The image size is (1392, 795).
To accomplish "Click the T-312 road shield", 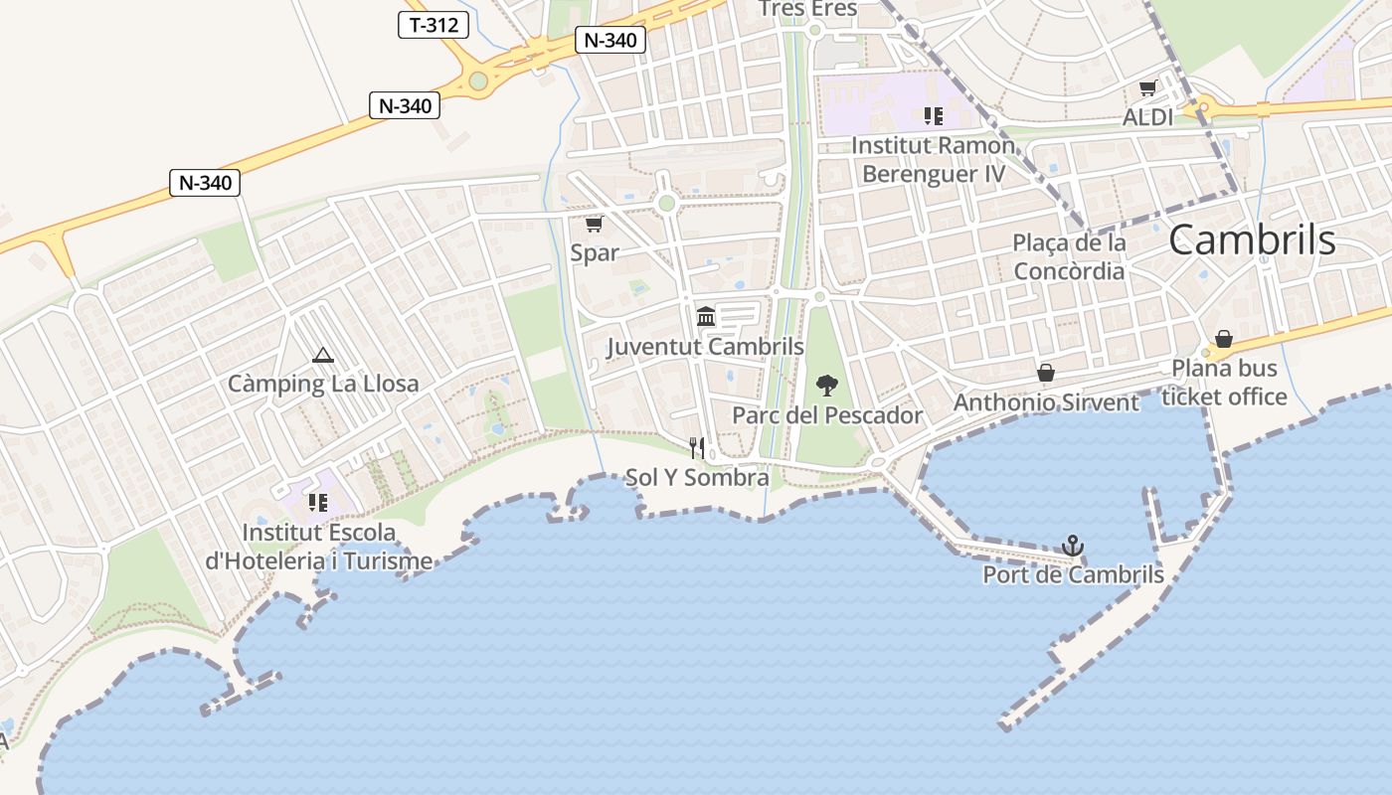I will click(x=434, y=25).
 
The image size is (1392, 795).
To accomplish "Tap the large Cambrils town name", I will click(x=1252, y=240).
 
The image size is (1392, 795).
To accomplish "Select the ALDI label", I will click(x=1147, y=117).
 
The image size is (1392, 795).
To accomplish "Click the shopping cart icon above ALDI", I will click(x=1147, y=88).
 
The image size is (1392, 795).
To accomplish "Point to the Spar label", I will click(x=595, y=252).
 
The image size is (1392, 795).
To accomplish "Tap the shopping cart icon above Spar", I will click(x=594, y=224).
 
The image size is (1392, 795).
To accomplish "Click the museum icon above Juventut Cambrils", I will click(x=706, y=316).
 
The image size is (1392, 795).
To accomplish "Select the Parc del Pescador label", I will click(x=827, y=415).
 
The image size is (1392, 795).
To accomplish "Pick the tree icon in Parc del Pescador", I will click(x=826, y=386).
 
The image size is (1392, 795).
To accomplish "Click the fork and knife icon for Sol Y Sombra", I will click(x=697, y=448).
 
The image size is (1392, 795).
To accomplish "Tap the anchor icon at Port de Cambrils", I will click(x=1072, y=546).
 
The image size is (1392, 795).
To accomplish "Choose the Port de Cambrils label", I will click(x=1073, y=574).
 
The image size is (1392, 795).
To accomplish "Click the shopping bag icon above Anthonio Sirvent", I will click(x=1046, y=373).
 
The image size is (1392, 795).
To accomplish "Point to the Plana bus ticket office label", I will click(x=1224, y=383).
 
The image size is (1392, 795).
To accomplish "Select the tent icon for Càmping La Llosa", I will click(x=322, y=355).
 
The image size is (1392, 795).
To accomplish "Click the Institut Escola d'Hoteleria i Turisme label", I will click(x=319, y=547).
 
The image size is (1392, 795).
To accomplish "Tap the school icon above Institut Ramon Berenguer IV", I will click(x=933, y=116).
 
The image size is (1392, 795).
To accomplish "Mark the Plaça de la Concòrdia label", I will click(x=1069, y=256).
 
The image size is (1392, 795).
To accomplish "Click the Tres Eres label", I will click(x=807, y=9).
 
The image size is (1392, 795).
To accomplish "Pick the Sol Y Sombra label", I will click(x=697, y=478).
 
